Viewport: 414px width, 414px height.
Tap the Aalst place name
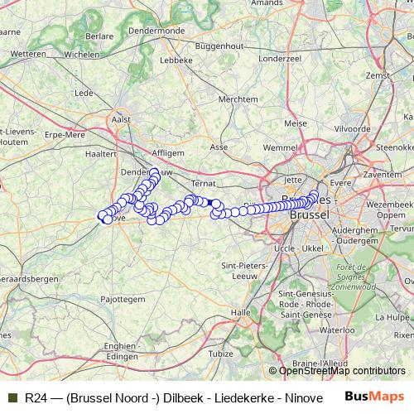pyautogui.click(x=122, y=121)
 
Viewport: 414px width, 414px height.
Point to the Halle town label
pyautogui.click(x=241, y=312)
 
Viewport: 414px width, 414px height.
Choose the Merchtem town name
pyautogui.click(x=237, y=99)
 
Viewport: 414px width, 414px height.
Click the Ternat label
pyautogui.click(x=203, y=181)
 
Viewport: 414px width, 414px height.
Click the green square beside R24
pyautogui.click(x=12, y=397)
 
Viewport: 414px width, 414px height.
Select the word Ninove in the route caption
pyautogui.click(x=304, y=397)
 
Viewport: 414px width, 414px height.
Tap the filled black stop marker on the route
pyautogui.click(x=213, y=203)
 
